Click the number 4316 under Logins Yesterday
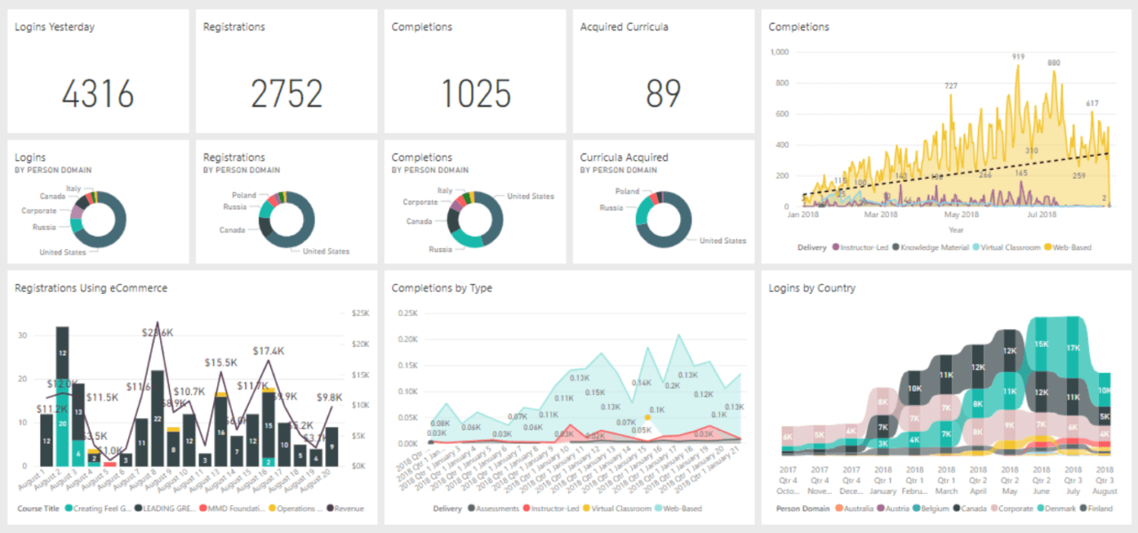tap(98, 93)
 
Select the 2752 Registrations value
tap(286, 93)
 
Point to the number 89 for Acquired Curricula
tap(663, 93)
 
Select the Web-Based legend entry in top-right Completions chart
tap(1070, 247)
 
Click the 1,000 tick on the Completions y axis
tap(779, 52)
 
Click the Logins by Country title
tap(812, 288)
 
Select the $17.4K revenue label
tap(268, 351)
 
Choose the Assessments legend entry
tap(500, 509)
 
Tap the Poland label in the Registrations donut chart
tap(244, 195)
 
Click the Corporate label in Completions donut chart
tap(420, 202)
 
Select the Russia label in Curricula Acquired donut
tap(611, 208)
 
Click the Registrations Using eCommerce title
tap(91, 288)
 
